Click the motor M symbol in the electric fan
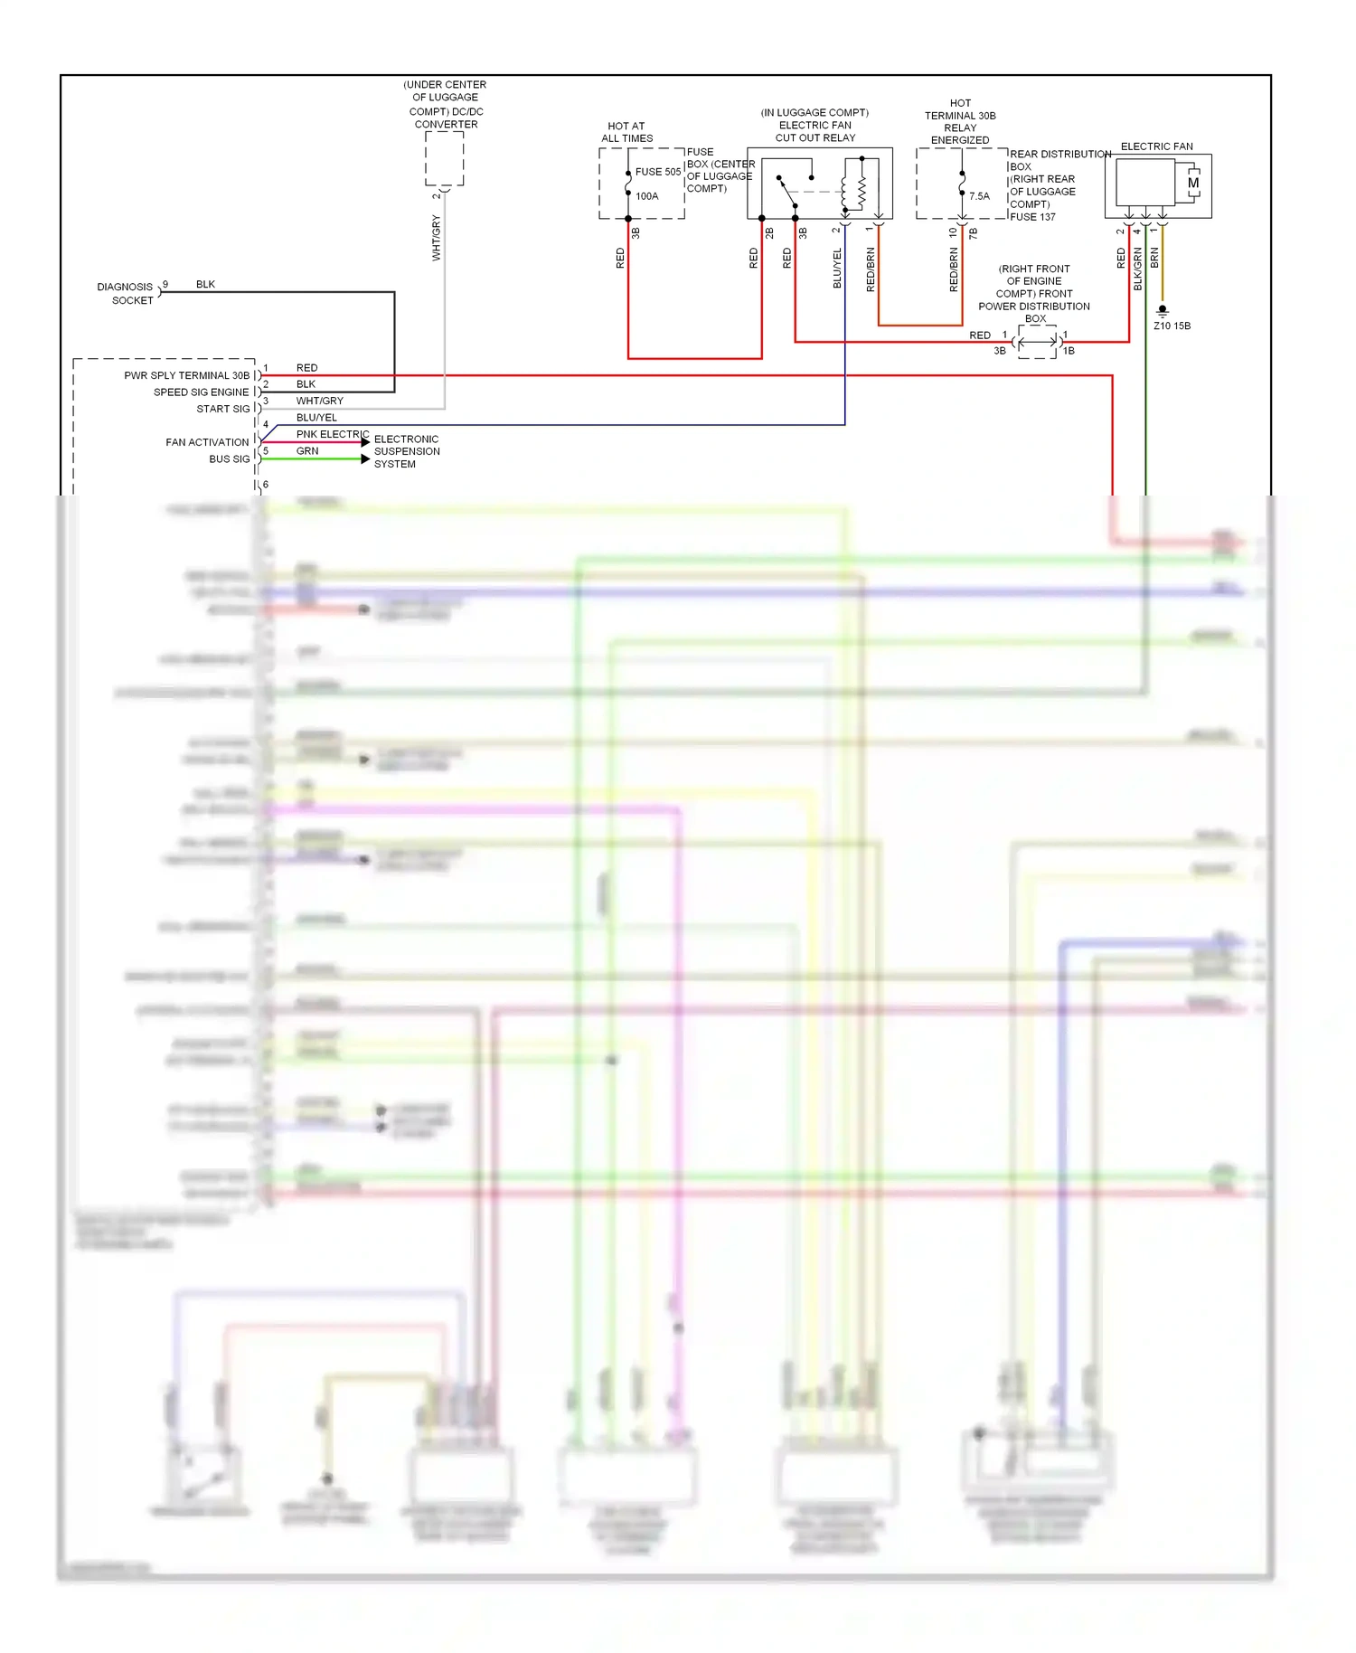[1193, 184]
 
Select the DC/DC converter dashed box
[445, 159]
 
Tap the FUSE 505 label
[657, 172]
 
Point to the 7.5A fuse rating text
[979, 196]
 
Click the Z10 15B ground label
[1172, 326]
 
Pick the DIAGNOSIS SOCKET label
[126, 293]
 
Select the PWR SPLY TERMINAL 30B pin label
[186, 375]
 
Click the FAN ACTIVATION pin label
[207, 442]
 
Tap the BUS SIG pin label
[229, 459]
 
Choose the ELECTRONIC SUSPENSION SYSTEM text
[407, 451]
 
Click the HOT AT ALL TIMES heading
[626, 132]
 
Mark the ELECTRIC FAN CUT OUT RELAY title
[815, 125]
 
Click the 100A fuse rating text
[646, 196]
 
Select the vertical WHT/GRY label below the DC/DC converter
[437, 238]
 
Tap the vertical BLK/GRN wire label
[1138, 269]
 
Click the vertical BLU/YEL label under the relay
[837, 268]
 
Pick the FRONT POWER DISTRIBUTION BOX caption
[1034, 294]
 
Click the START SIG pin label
[222, 409]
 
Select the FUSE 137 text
[1032, 217]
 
